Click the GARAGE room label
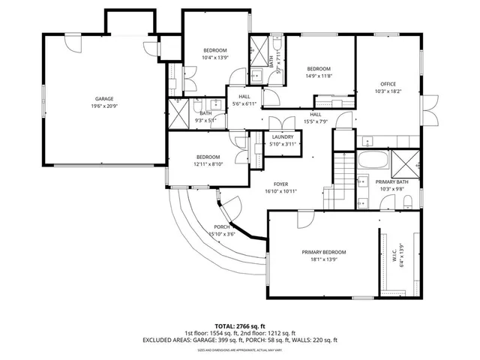tap(104, 98)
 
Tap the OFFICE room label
tap(388, 84)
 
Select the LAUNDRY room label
tap(282, 136)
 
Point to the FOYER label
tap(280, 184)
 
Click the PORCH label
tap(221, 226)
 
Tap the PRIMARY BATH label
tap(391, 181)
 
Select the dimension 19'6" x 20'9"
tap(104, 106)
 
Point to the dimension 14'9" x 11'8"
tap(319, 75)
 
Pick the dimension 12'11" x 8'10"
tap(208, 163)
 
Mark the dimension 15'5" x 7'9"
tap(316, 121)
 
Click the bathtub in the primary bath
tap(372, 160)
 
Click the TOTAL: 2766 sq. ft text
tap(239, 325)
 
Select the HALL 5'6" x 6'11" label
tap(244, 100)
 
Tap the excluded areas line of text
tap(239, 340)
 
